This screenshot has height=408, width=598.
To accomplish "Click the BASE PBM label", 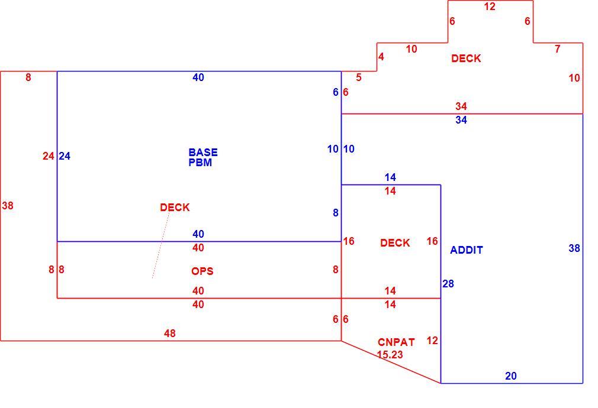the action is (x=203, y=157).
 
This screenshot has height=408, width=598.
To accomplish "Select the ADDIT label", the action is (x=467, y=250).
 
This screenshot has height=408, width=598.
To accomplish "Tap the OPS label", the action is (x=202, y=271).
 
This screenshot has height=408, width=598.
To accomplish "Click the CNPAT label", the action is (x=396, y=342).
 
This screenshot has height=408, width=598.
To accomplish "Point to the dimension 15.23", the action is (x=390, y=355).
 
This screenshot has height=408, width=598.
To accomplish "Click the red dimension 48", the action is (x=170, y=333).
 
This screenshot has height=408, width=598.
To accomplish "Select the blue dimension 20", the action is (x=510, y=376).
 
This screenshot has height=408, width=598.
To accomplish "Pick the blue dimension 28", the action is (x=448, y=283).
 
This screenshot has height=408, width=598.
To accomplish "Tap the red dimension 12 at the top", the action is (x=490, y=7).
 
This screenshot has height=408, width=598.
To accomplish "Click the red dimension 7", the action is (x=558, y=48).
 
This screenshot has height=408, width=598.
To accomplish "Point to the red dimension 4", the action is (x=381, y=57).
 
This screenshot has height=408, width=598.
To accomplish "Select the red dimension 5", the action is (x=358, y=77).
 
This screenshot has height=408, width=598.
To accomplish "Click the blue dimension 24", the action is (x=65, y=156).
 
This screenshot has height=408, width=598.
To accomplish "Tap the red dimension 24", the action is (x=49, y=156).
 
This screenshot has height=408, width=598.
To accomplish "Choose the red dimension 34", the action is (x=461, y=106).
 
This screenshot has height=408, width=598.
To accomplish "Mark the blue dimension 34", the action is (x=461, y=120).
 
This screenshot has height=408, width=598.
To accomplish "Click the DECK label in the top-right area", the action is (x=466, y=59).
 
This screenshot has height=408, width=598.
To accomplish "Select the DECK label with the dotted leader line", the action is (x=175, y=207).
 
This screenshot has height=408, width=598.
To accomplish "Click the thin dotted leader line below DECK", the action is (x=161, y=245).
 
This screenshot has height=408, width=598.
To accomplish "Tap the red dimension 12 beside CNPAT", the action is (x=432, y=340).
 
